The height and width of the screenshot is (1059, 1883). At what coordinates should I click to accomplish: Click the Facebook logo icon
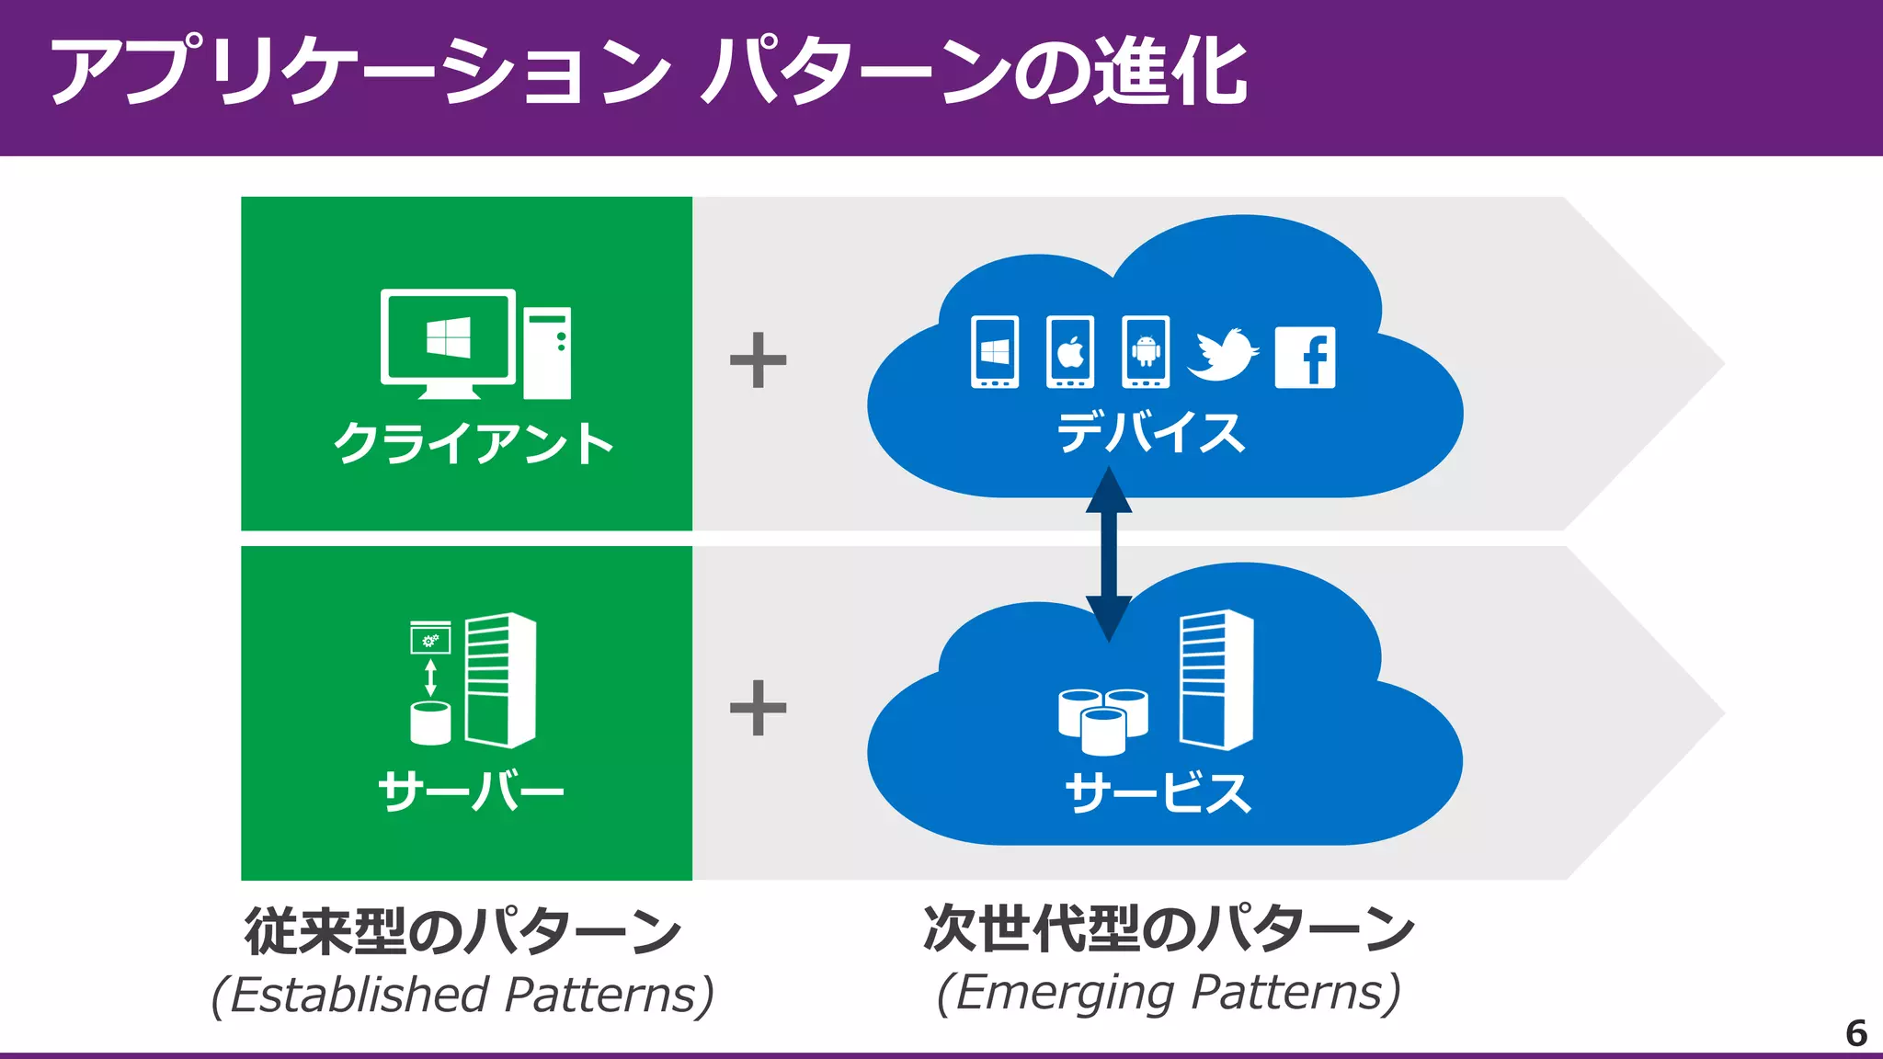pos(1305,357)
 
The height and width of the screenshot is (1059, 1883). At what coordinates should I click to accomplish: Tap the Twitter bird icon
pos(1223,354)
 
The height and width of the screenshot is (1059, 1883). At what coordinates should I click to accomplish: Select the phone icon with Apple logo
pos(1070,352)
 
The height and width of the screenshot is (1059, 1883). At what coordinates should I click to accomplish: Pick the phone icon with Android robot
pos(1146,352)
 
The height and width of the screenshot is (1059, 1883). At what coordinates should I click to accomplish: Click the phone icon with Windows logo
pos(995,352)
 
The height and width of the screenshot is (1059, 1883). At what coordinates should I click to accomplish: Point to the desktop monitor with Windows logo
pos(448,340)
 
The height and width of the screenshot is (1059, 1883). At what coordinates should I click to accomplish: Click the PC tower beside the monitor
pos(547,353)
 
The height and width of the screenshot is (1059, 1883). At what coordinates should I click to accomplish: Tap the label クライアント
pos(474,443)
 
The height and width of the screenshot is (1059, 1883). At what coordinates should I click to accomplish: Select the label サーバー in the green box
pos(471,791)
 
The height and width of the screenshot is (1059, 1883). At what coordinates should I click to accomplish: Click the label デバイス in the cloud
pos(1150,433)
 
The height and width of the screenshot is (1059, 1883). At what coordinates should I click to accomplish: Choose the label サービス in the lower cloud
pos(1158,792)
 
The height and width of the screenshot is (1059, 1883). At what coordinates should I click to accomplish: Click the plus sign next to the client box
pos(758,360)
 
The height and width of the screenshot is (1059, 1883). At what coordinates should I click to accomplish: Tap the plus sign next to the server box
pos(758,708)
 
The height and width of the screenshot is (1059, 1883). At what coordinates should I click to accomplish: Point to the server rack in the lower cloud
pos(1216,679)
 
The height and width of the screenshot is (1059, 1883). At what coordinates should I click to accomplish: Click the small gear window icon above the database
pos(430,637)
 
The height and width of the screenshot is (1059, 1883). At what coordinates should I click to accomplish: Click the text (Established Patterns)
pos(462,995)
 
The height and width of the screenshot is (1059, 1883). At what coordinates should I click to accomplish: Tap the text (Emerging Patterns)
pos(1169,993)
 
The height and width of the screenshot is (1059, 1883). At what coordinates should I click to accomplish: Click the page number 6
pos(1855,1033)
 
